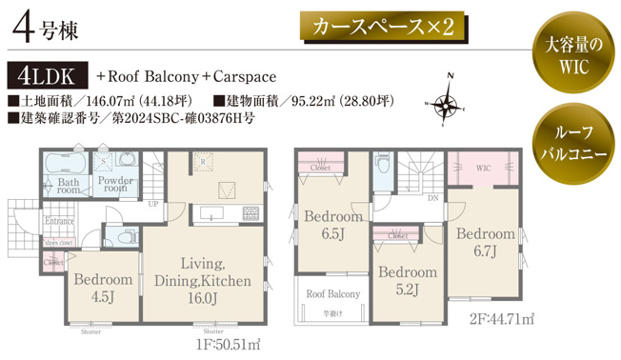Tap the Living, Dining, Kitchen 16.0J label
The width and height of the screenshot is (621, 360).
point(202,280)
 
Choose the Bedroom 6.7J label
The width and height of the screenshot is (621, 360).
point(485,242)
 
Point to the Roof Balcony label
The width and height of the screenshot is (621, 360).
point(332,294)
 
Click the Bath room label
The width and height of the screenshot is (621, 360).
point(68,185)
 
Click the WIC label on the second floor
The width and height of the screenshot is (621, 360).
point(482,168)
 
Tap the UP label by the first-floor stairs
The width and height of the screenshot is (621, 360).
point(153,204)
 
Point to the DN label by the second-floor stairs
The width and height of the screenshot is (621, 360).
point(432,199)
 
